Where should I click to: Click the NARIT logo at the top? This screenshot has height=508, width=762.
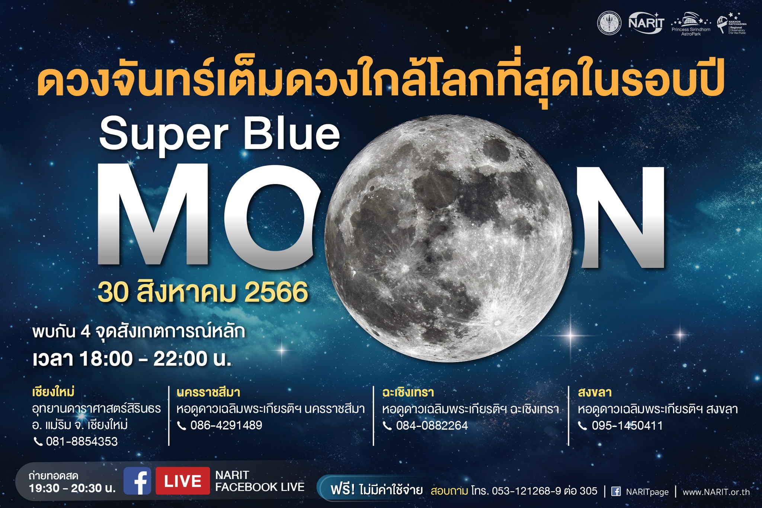point(646,23)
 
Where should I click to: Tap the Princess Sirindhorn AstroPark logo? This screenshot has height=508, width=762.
point(691,24)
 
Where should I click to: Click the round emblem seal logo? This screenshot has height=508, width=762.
point(609,23)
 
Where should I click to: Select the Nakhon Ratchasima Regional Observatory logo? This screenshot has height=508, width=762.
point(732,24)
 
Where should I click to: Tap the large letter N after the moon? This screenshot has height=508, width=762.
point(621,217)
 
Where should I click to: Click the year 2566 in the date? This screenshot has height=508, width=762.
point(276,293)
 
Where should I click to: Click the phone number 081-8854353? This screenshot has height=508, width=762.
point(81,441)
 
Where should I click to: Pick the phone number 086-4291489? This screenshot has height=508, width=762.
point(226,425)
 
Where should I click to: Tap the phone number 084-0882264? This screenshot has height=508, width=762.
point(432,425)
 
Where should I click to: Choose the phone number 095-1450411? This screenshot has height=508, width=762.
point(627,425)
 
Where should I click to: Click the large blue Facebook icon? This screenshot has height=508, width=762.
point(137,481)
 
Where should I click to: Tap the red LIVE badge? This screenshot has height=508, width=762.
point(182,481)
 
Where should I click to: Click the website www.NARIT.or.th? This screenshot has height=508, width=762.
point(716,492)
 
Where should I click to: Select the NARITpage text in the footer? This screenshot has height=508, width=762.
point(647,492)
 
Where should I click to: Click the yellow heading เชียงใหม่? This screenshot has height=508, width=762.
point(54,392)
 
